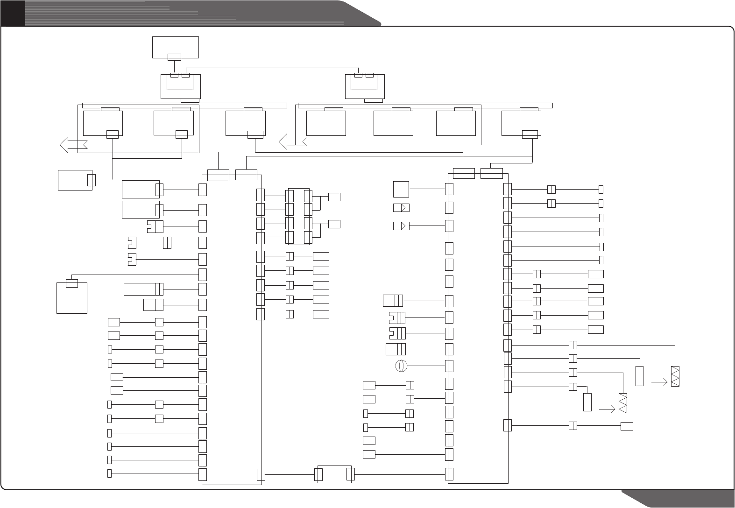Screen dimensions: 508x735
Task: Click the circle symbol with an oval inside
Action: (401, 366)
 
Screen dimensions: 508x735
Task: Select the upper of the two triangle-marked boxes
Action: (401, 208)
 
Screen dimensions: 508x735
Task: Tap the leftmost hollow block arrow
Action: (71, 144)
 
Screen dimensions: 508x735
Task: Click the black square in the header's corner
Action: (13, 13)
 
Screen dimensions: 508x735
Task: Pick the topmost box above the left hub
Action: (175, 47)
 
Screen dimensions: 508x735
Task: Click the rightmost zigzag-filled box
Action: (675, 376)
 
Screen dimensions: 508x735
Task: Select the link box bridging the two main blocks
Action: (334, 474)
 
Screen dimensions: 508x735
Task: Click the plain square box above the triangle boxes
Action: (401, 189)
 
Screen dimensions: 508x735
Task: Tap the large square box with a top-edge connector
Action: (71, 297)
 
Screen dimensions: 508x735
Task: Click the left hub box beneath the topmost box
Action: (180, 86)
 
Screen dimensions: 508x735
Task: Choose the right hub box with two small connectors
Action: (364, 86)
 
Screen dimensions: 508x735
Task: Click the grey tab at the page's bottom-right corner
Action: (682, 498)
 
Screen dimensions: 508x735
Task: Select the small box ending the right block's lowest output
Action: (627, 426)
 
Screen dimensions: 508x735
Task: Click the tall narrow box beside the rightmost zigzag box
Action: (640, 376)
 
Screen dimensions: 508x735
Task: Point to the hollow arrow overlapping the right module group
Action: (292, 141)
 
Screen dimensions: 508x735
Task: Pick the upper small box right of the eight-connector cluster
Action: (334, 197)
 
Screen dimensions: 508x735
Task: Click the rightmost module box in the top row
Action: (521, 123)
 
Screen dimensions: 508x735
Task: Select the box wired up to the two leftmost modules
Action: (75, 180)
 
